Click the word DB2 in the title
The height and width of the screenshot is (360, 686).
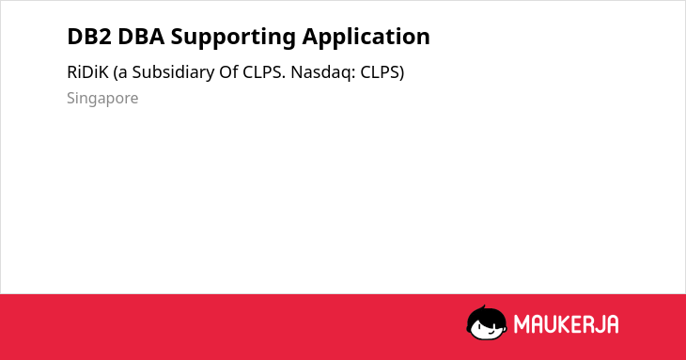click(x=89, y=37)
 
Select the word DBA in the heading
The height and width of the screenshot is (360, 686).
click(x=141, y=37)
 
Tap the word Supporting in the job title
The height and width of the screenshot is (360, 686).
click(x=233, y=38)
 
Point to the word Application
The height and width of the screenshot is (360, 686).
click(x=366, y=38)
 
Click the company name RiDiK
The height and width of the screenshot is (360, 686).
click(x=87, y=72)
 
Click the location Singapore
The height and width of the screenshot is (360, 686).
click(x=102, y=99)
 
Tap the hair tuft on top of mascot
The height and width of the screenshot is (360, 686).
click(x=483, y=307)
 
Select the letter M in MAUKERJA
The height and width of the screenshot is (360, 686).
click(x=522, y=324)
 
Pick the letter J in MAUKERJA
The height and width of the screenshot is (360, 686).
click(x=597, y=324)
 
